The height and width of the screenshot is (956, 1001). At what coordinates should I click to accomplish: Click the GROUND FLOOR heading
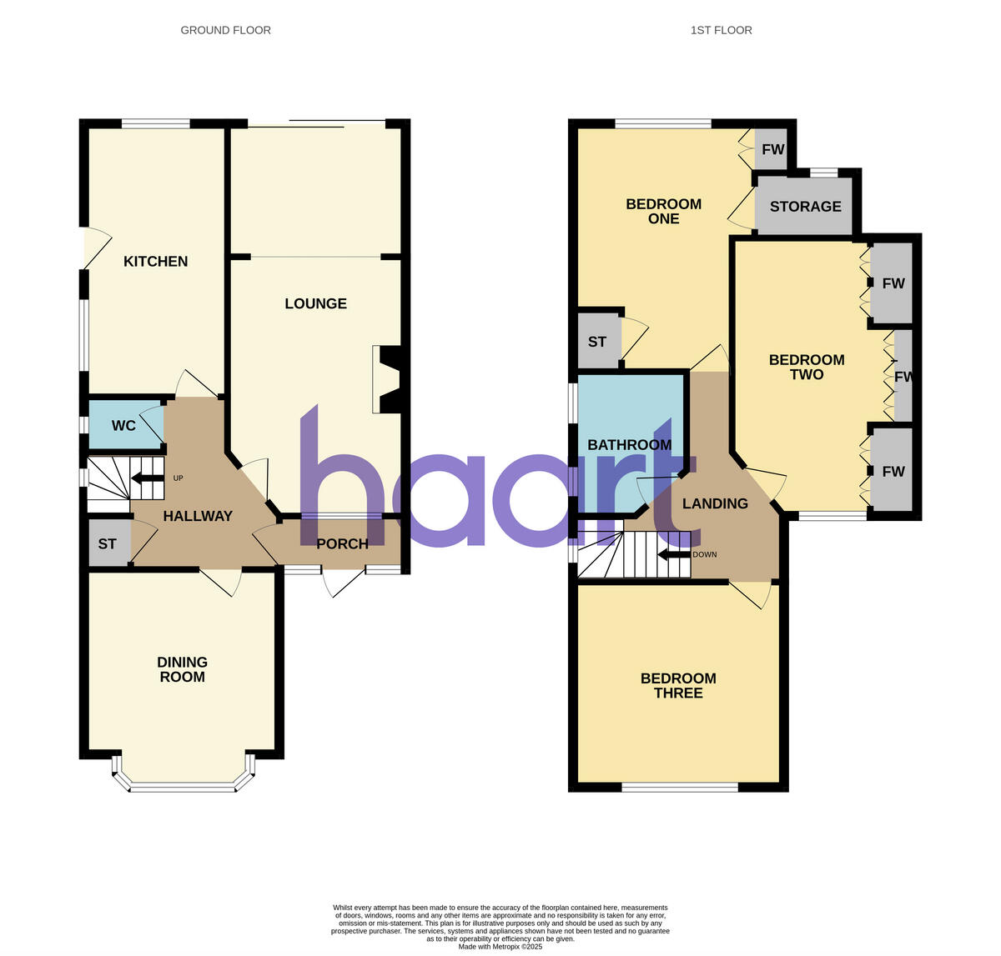point(225,30)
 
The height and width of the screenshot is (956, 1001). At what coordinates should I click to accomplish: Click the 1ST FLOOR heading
point(721,30)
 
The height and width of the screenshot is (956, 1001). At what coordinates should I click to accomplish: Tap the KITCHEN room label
point(155,261)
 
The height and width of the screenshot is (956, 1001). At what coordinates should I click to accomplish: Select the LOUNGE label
point(315,303)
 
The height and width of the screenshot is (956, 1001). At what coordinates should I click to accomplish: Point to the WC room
point(123,426)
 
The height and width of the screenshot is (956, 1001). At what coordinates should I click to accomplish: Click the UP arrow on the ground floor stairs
point(147,478)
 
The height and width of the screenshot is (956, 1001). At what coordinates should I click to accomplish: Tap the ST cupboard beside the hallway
point(108,544)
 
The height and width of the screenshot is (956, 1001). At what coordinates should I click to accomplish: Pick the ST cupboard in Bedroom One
point(597,342)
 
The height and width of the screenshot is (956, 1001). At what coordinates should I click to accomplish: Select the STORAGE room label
point(805,206)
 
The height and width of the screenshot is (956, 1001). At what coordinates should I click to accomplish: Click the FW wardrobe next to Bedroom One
point(773,150)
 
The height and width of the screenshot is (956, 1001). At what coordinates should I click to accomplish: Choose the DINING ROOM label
point(182,669)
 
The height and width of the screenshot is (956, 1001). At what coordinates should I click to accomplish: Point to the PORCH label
point(342,544)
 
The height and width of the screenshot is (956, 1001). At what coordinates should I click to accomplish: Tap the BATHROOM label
point(629,444)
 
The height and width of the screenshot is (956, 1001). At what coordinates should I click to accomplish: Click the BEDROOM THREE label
point(678,685)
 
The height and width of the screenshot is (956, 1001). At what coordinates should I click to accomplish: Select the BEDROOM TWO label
point(807,367)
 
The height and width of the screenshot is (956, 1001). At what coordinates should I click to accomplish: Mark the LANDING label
point(715,503)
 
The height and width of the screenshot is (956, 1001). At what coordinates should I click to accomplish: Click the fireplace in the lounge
point(388,380)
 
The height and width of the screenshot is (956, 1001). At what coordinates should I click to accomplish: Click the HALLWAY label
point(198,516)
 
